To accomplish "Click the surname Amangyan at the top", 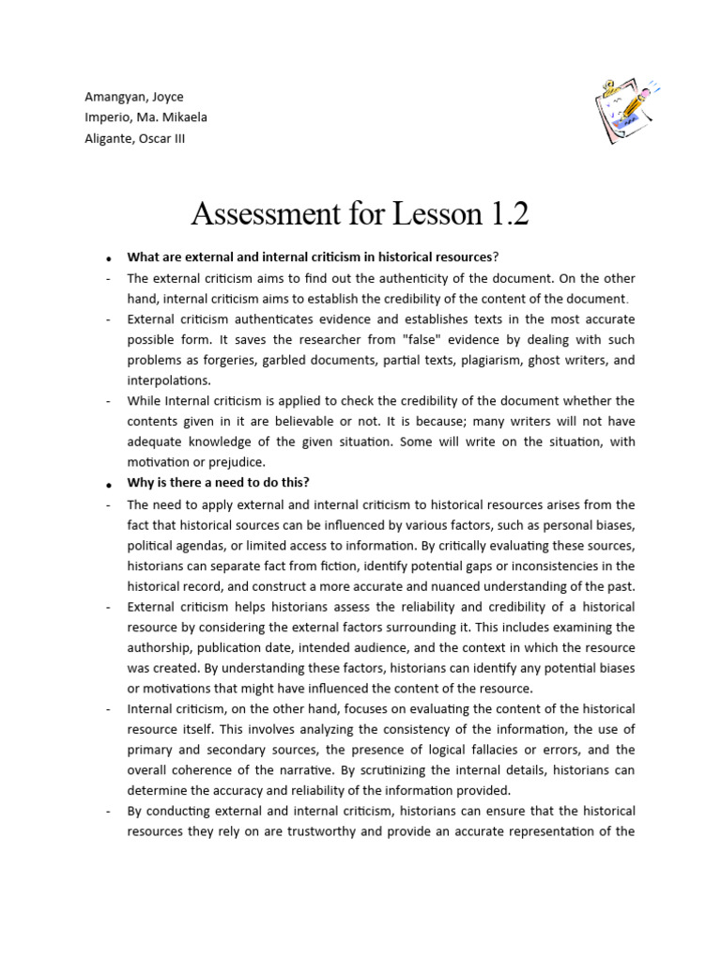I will coord(109,97).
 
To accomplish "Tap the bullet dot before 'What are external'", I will coord(110,258).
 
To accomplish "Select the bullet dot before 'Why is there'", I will coord(110,484).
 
